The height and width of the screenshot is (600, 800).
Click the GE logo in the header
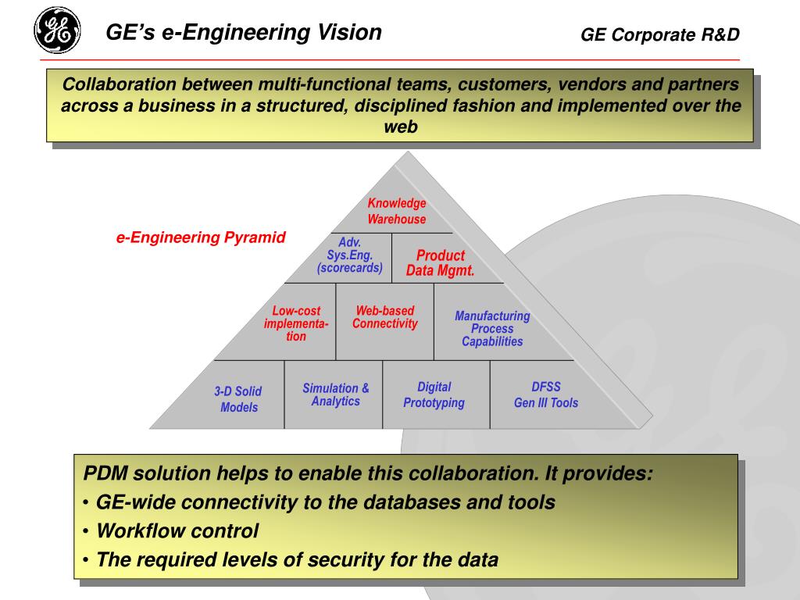tap(57, 30)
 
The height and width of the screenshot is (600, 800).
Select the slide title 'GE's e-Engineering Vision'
tap(244, 33)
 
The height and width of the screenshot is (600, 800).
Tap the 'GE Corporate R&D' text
tap(659, 34)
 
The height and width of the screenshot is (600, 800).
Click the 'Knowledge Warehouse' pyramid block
tap(397, 212)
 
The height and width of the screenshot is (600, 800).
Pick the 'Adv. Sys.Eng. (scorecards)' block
tap(349, 255)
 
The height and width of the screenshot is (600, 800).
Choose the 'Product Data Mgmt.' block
tap(441, 263)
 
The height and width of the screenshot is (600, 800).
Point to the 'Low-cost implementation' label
tap(296, 323)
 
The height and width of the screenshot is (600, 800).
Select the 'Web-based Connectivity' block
tap(385, 317)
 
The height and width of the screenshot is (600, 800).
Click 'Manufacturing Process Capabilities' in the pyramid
tap(492, 329)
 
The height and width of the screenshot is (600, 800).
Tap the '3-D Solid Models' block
tap(238, 399)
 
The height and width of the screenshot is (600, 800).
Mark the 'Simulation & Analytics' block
tap(336, 395)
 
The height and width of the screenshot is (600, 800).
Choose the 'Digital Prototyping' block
tap(434, 395)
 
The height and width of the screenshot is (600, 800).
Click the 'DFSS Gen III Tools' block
tap(546, 395)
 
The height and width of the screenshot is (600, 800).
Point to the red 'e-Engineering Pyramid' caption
tap(202, 237)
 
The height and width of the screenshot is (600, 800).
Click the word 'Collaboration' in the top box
tap(114, 84)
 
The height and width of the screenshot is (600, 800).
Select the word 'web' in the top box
tap(401, 127)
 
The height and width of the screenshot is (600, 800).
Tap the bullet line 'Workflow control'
tap(177, 531)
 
